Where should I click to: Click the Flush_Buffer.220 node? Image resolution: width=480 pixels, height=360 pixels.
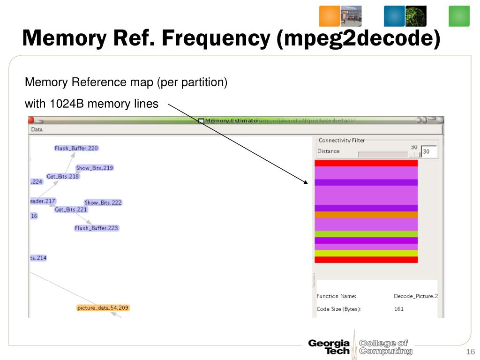pos(76,148)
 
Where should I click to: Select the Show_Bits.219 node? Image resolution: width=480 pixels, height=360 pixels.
pos(95,168)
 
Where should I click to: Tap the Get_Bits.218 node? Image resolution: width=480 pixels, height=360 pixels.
pos(63,177)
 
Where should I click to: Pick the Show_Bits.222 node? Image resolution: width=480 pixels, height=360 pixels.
pos(103,202)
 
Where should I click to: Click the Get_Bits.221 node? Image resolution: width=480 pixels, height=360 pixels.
pos(71,210)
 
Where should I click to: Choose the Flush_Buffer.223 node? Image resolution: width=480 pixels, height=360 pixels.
pos(97,228)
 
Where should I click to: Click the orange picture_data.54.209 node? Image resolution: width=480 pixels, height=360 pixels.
pos(103,308)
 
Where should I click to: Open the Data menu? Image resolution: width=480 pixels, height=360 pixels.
pos(37,129)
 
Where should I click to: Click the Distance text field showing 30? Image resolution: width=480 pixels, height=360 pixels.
pos(429,151)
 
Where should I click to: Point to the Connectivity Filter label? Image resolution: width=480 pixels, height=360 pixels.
pos(341,140)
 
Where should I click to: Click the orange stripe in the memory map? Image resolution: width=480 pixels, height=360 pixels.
pos(366,215)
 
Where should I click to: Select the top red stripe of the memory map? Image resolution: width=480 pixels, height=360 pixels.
pos(366,163)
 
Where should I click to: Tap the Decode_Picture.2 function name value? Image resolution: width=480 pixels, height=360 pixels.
pos(415,296)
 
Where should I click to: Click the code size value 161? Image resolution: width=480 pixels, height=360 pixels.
pos(398,309)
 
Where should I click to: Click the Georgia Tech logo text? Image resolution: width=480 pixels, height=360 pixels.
pos(329,347)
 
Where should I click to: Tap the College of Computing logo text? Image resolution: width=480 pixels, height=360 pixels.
pos(385,347)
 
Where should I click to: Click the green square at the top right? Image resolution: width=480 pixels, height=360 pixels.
pos(459,16)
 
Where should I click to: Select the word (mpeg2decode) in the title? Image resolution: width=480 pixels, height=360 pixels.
pos(359,37)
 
